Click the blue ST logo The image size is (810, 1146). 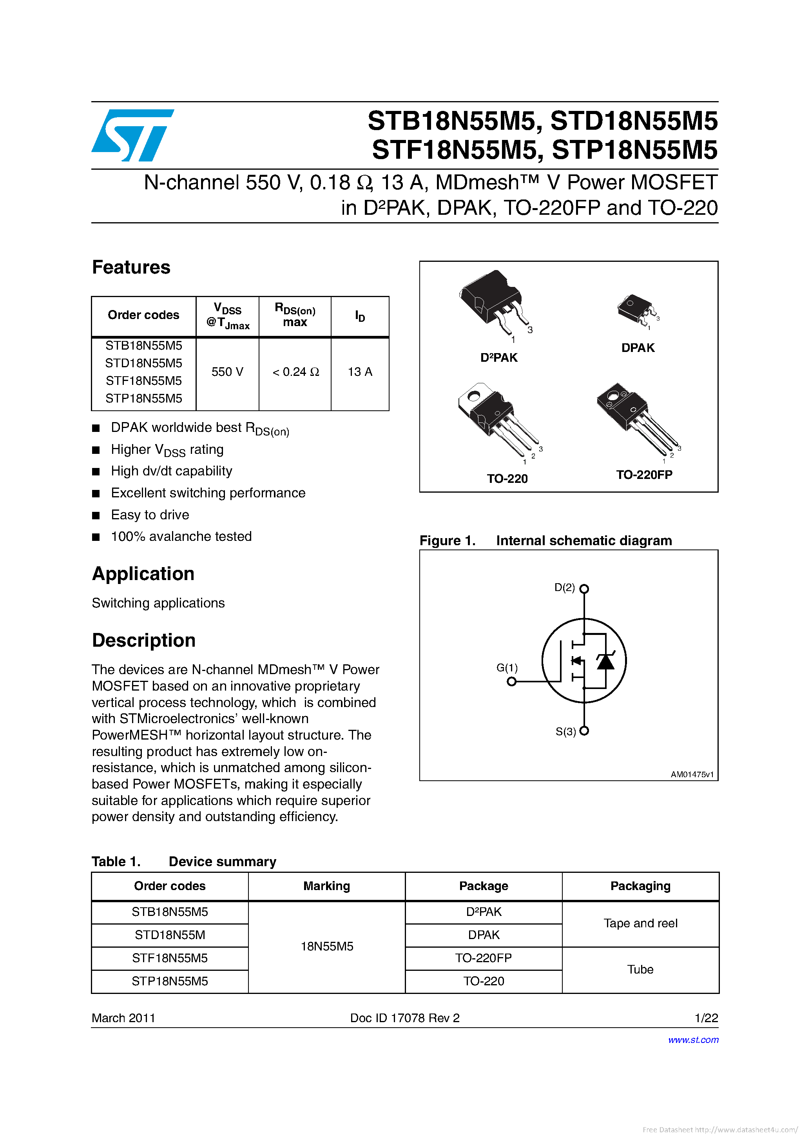click(132, 135)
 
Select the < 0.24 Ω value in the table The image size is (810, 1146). click(295, 372)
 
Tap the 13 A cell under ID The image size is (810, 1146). click(360, 372)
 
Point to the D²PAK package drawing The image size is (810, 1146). click(491, 302)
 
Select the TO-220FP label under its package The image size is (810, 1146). click(644, 475)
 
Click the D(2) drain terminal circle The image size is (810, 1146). click(584, 588)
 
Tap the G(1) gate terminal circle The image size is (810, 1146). click(511, 681)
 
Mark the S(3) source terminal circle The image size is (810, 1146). click(584, 731)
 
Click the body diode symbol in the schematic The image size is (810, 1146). click(605, 661)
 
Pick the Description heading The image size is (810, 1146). click(144, 640)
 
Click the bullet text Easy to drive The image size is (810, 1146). click(150, 515)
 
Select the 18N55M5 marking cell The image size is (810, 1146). click(327, 947)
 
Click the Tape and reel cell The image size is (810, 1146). click(640, 923)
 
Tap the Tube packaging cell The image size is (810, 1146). click(640, 969)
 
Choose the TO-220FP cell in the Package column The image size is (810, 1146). click(483, 958)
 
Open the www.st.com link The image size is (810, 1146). click(693, 1040)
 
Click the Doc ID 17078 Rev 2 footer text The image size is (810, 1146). click(405, 1018)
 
